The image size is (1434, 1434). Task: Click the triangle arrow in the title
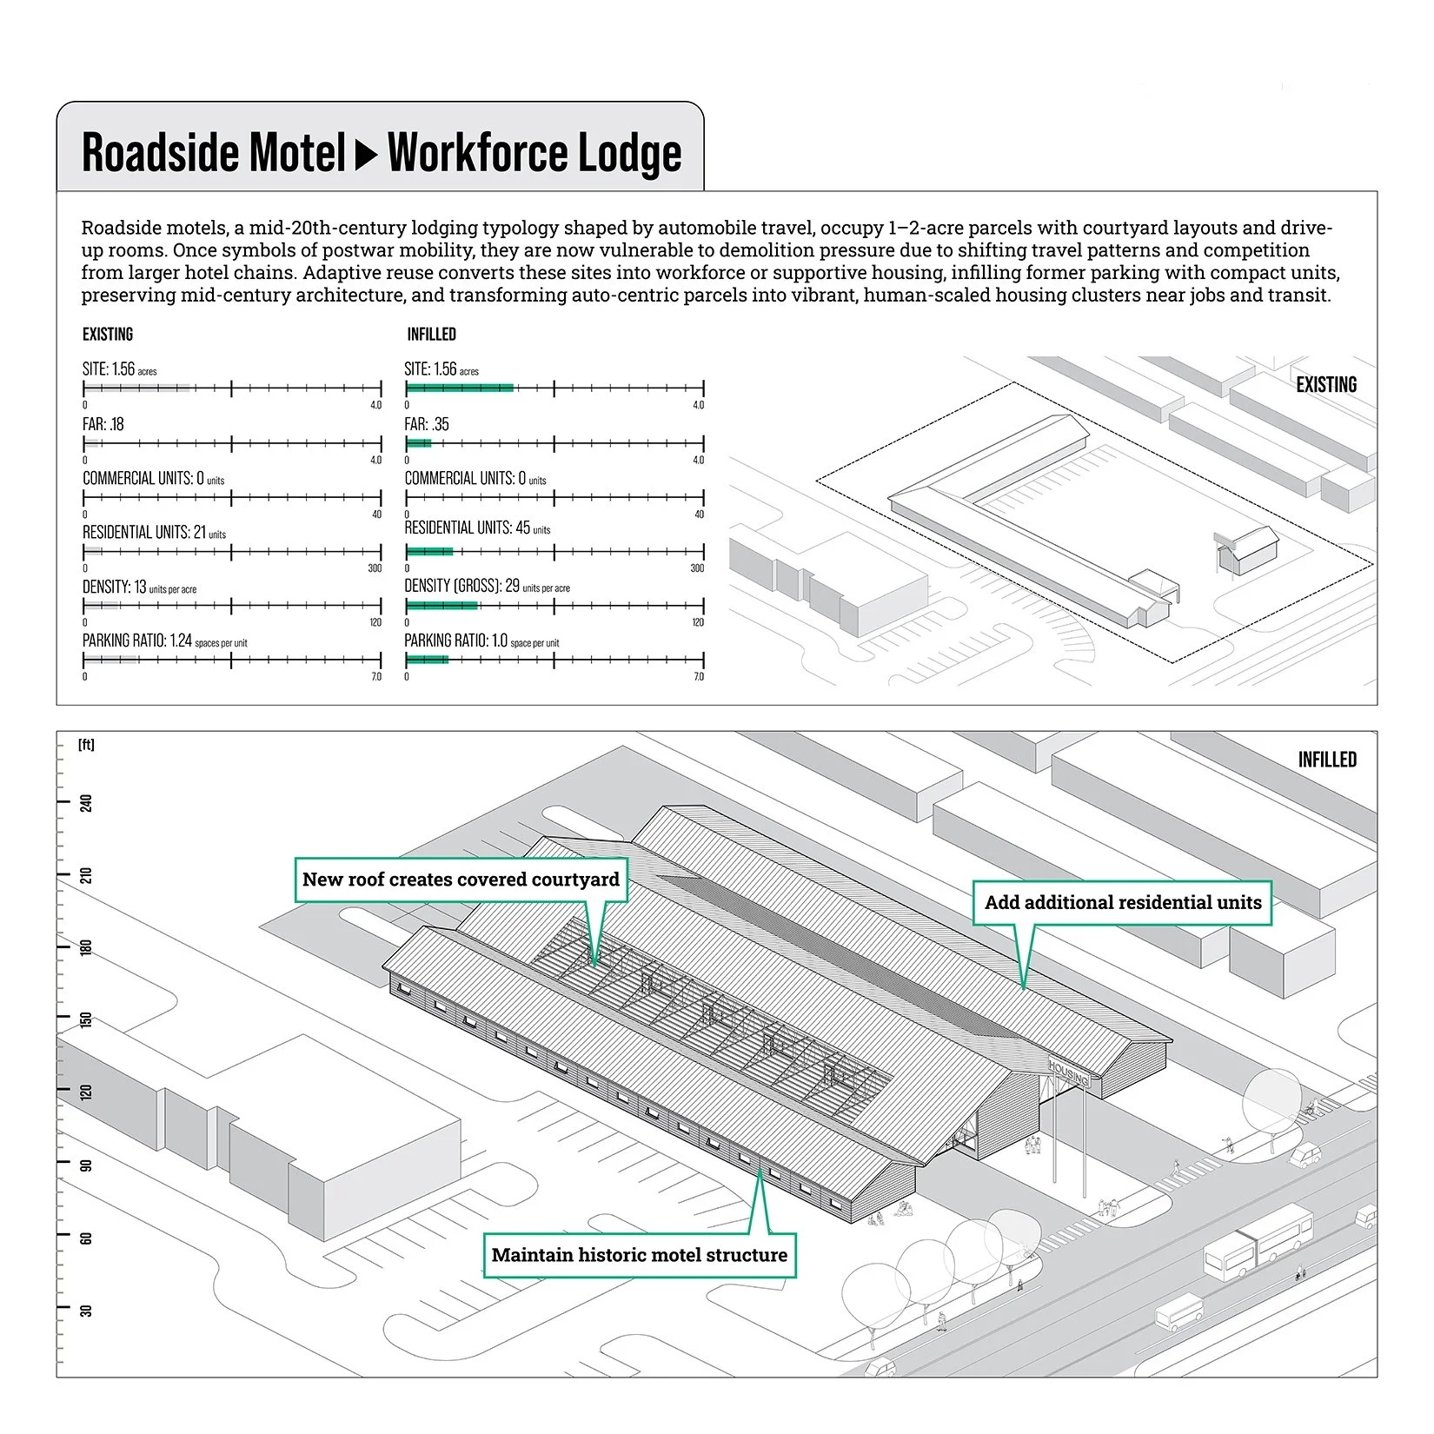point(367,154)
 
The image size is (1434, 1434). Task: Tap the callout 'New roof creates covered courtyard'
point(461,880)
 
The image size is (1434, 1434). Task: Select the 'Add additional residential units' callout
point(1122,903)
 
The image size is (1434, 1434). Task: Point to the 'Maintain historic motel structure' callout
point(639,1255)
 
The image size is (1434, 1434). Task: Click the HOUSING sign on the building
point(1068,1074)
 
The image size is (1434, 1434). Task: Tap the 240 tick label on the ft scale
point(86,802)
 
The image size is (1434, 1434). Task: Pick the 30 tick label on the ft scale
point(86,1310)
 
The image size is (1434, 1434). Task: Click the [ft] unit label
point(86,745)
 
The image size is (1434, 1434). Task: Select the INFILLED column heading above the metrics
point(431,335)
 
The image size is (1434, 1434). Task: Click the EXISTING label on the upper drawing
point(1325,385)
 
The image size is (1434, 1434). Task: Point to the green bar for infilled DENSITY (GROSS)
point(441,606)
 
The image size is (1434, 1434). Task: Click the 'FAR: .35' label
point(427,425)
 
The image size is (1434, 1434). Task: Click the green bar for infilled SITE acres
point(460,388)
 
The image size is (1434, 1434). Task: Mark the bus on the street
point(1258,1240)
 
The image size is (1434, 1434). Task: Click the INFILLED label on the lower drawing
point(1326,760)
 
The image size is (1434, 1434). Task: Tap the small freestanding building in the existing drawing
point(1249,551)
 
